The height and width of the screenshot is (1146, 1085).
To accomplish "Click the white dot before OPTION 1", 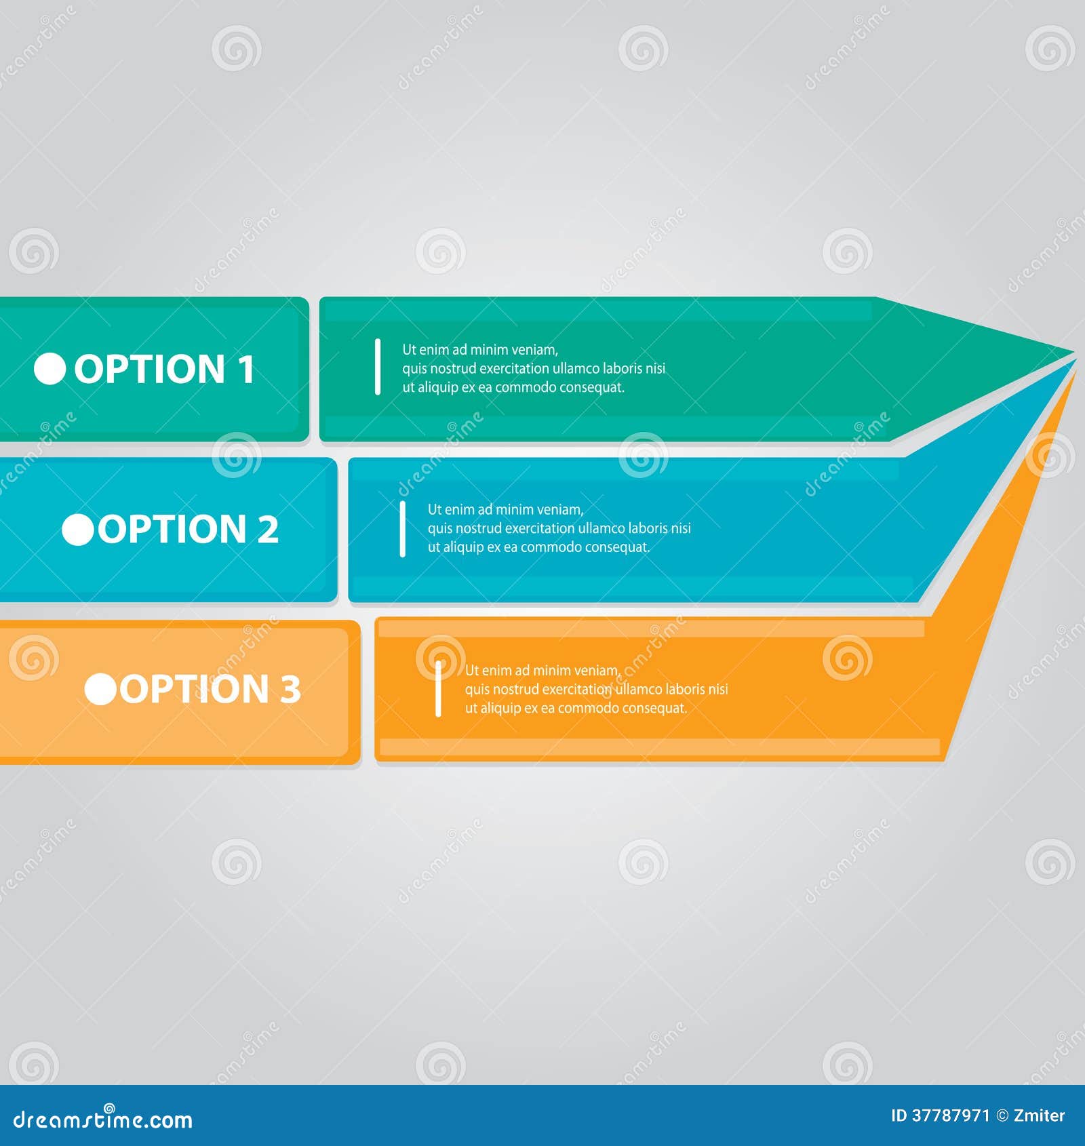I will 50,369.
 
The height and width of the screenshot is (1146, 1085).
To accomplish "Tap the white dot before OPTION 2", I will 78,530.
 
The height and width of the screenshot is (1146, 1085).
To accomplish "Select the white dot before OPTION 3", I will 100,689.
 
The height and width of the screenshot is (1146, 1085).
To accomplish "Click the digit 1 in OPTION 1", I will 245,369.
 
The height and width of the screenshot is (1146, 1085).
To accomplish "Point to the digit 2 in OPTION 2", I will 268,530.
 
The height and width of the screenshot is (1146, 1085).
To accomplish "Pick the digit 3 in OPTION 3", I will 290,689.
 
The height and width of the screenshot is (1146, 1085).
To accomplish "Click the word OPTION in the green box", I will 149,369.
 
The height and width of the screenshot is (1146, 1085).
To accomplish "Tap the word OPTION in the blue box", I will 173,530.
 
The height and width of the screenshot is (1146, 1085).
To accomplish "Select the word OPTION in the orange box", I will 195,689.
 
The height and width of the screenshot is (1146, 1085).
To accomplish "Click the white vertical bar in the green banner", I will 378,367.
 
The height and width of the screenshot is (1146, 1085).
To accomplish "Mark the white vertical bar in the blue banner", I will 403,529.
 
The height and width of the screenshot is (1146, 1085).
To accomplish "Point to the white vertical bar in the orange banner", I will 438,688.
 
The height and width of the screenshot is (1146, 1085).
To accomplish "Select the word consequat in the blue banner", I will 616,547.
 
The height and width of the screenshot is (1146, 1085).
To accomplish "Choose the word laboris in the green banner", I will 624,368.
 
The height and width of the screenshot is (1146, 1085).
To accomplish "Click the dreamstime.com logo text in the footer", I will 103,1120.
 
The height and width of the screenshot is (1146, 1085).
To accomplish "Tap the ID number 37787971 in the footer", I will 950,1115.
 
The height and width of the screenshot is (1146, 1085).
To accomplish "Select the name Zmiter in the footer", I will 1039,1115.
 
